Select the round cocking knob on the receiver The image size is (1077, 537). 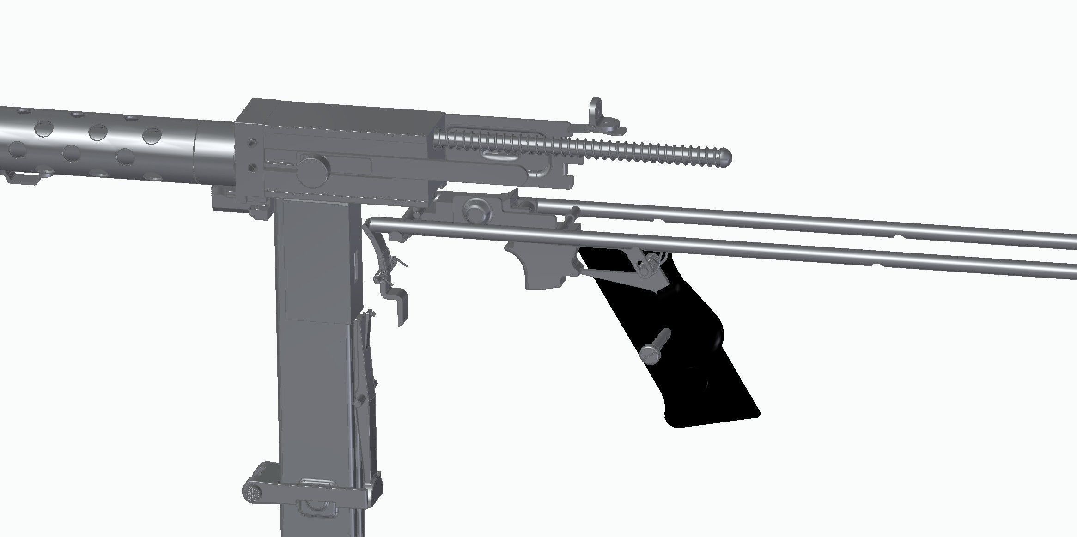pyautogui.click(x=313, y=169)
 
